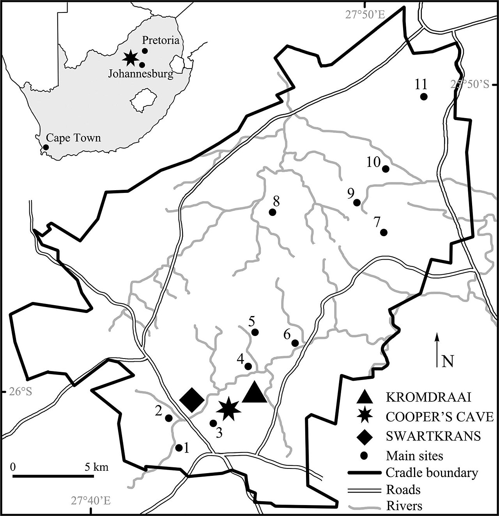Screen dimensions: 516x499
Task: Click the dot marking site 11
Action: tap(424, 97)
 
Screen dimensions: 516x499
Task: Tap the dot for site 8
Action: tap(273, 212)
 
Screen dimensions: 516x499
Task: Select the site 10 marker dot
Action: tap(386, 169)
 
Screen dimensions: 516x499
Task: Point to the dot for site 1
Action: tap(179, 448)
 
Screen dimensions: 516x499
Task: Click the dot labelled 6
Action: tap(295, 343)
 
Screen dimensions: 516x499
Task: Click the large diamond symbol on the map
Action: tap(192, 400)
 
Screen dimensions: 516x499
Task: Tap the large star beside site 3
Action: tap(228, 410)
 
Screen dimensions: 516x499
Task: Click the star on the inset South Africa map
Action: tap(131, 58)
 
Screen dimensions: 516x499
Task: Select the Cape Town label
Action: tap(73, 138)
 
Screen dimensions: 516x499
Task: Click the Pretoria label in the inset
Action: tap(160, 40)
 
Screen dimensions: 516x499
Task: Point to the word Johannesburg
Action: tap(140, 74)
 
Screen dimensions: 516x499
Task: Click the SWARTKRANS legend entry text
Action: tap(433, 436)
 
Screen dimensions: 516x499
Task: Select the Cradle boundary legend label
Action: tap(432, 473)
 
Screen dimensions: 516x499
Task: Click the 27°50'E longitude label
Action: tap(365, 15)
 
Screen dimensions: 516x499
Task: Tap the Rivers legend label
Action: tap(404, 506)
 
